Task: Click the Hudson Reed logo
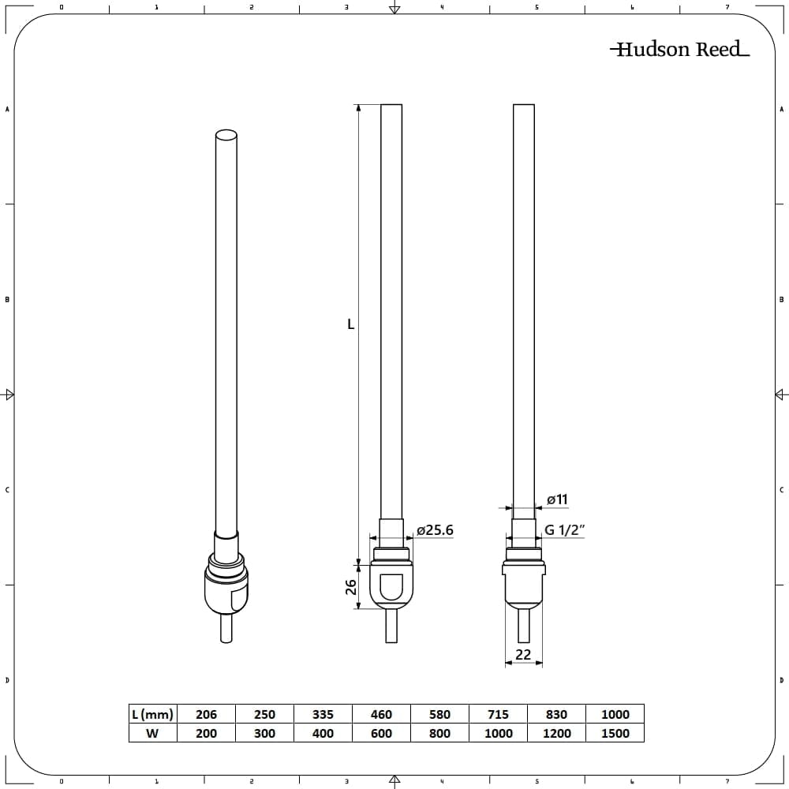click(679, 50)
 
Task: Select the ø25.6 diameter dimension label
click(435, 530)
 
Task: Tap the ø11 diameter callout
click(557, 499)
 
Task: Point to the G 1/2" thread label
click(563, 530)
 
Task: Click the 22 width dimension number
click(523, 654)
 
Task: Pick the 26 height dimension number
click(352, 587)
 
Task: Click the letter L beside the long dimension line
click(351, 323)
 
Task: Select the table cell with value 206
click(206, 714)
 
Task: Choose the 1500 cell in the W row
click(615, 733)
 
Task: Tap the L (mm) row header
click(152, 714)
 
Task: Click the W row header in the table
click(152, 733)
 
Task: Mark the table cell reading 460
click(381, 714)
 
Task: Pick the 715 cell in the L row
click(498, 714)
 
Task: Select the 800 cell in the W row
click(439, 733)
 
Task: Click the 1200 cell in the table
click(556, 733)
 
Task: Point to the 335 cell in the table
click(323, 714)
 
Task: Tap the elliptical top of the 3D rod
click(226, 135)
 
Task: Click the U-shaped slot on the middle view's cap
click(391, 588)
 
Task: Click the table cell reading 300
click(264, 733)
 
